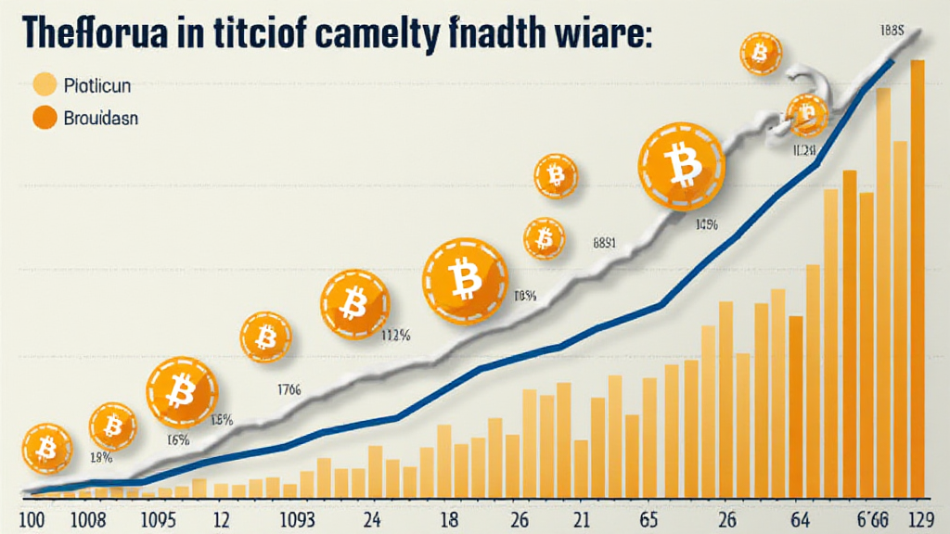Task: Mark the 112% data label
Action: click(396, 337)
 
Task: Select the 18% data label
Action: click(101, 457)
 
